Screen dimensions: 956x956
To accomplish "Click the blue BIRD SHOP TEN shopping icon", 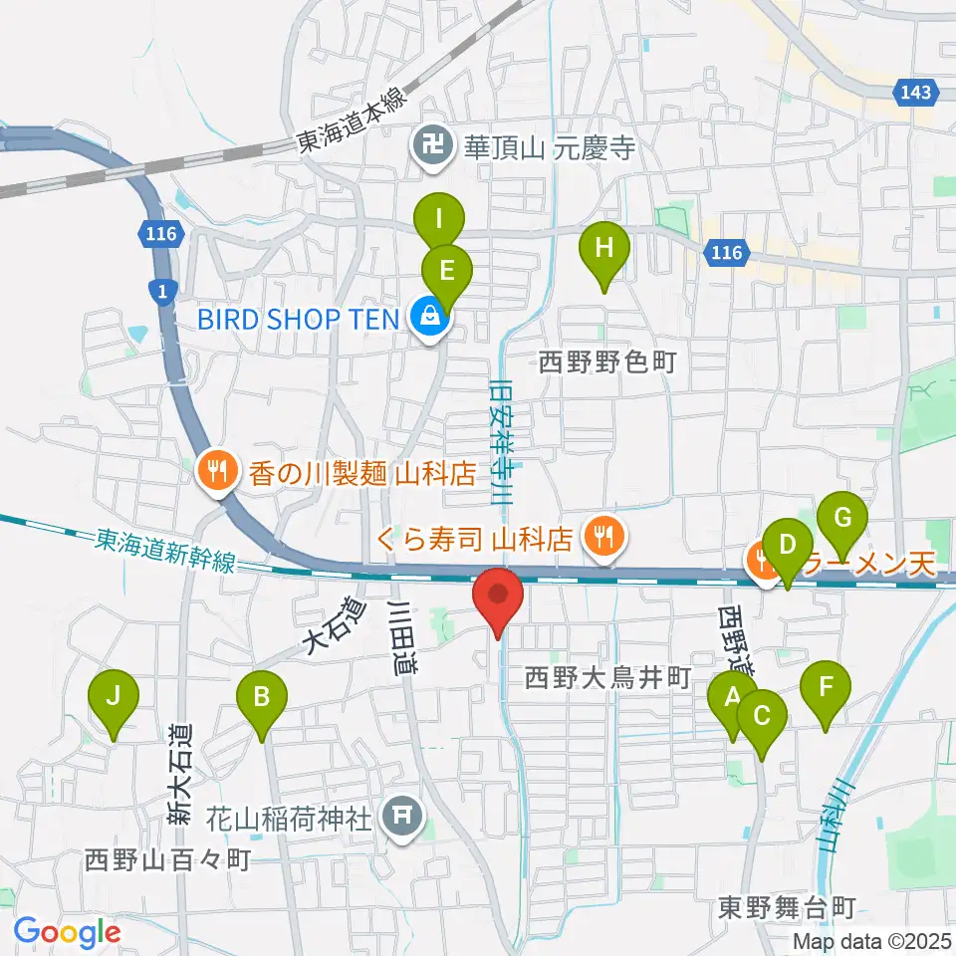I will click(x=430, y=318).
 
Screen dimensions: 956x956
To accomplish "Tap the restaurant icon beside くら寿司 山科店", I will click(x=600, y=539).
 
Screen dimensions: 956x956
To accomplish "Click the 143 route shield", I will click(x=917, y=93).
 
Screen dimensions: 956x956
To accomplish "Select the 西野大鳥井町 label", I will click(x=607, y=679).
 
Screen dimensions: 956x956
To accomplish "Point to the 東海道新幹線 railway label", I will click(x=166, y=550).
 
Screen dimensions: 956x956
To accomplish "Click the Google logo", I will click(x=67, y=933).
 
